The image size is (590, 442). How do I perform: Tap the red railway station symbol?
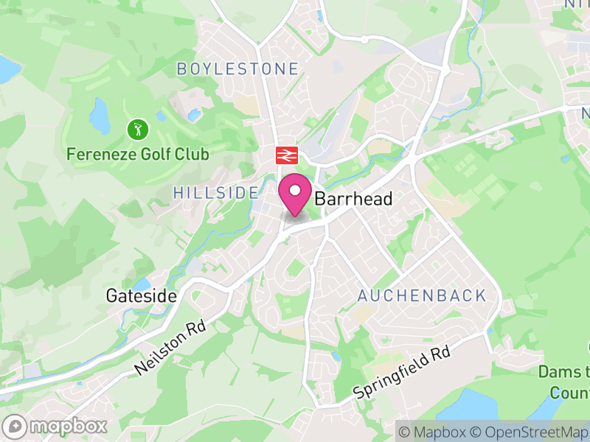pos(286,155)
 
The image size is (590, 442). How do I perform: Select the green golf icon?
pos(138,130)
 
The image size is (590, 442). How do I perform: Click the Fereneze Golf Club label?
pos(138,155)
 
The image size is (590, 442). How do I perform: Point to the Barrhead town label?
pos(353,200)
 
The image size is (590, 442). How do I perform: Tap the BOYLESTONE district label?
pos(237,69)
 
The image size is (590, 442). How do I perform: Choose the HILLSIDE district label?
pos(216,193)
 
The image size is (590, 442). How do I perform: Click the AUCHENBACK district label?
pos(422,296)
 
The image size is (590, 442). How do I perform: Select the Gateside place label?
pos(141,296)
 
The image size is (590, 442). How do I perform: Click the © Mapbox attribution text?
pos(432,432)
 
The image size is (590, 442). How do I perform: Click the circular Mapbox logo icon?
pos(16,426)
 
